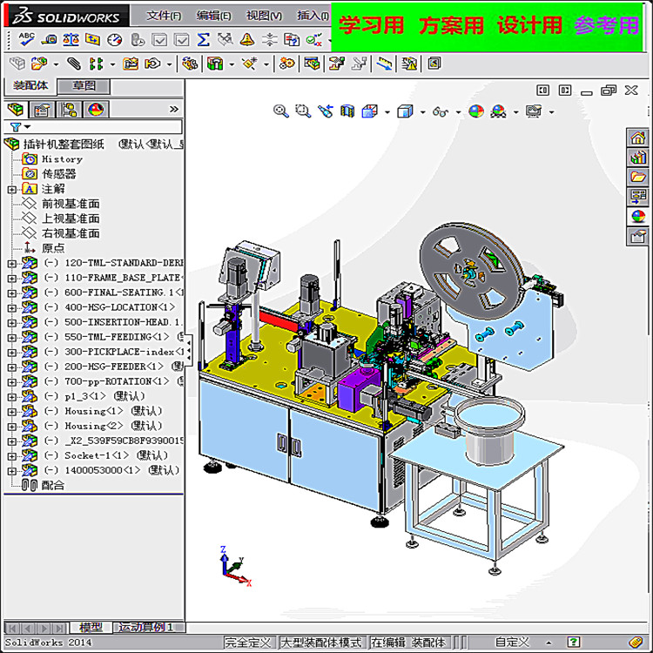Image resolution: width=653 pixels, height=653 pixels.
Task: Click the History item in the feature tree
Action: click(x=62, y=159)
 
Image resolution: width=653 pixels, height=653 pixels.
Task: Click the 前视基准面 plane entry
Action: click(x=71, y=204)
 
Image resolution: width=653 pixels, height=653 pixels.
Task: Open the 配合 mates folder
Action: click(x=52, y=485)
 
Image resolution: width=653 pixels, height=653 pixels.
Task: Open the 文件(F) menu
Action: click(x=164, y=15)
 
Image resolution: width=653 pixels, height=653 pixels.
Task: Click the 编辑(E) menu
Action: click(x=213, y=15)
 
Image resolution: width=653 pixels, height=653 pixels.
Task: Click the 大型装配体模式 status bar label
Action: click(x=320, y=643)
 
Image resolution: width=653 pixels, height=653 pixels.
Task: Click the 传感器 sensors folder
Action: click(x=58, y=174)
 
